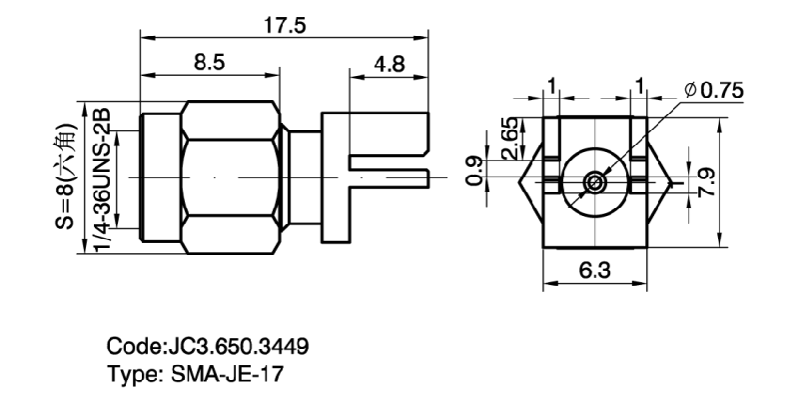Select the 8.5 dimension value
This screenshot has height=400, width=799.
tap(210, 62)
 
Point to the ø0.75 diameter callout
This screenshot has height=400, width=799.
tap(714, 91)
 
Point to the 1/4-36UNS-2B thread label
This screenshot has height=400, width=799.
tap(102, 177)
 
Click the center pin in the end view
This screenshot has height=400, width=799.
tap(594, 183)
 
